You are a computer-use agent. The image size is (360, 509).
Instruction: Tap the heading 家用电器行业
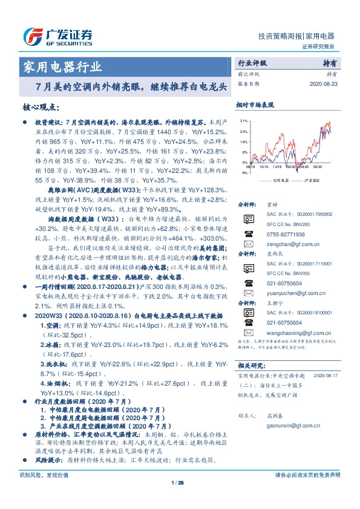[62, 66]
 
